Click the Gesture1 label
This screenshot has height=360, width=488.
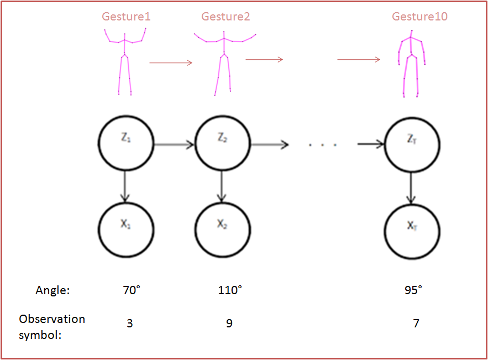(x=126, y=17)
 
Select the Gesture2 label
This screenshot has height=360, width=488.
(x=225, y=17)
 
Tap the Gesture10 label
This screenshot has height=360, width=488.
(x=419, y=17)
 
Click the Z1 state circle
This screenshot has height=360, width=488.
(x=125, y=145)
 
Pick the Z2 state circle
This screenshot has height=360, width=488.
(x=223, y=145)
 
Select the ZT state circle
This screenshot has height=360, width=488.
(x=412, y=145)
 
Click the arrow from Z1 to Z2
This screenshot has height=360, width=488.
(x=174, y=145)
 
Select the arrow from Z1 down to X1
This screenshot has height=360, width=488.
(x=125, y=186)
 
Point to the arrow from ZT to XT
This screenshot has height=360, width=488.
(x=412, y=188)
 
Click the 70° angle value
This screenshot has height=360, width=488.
(x=132, y=290)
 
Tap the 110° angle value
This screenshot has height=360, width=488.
(x=230, y=290)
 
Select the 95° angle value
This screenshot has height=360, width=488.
(x=413, y=290)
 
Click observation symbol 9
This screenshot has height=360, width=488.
(x=229, y=323)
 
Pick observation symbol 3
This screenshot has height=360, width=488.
(x=130, y=323)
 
